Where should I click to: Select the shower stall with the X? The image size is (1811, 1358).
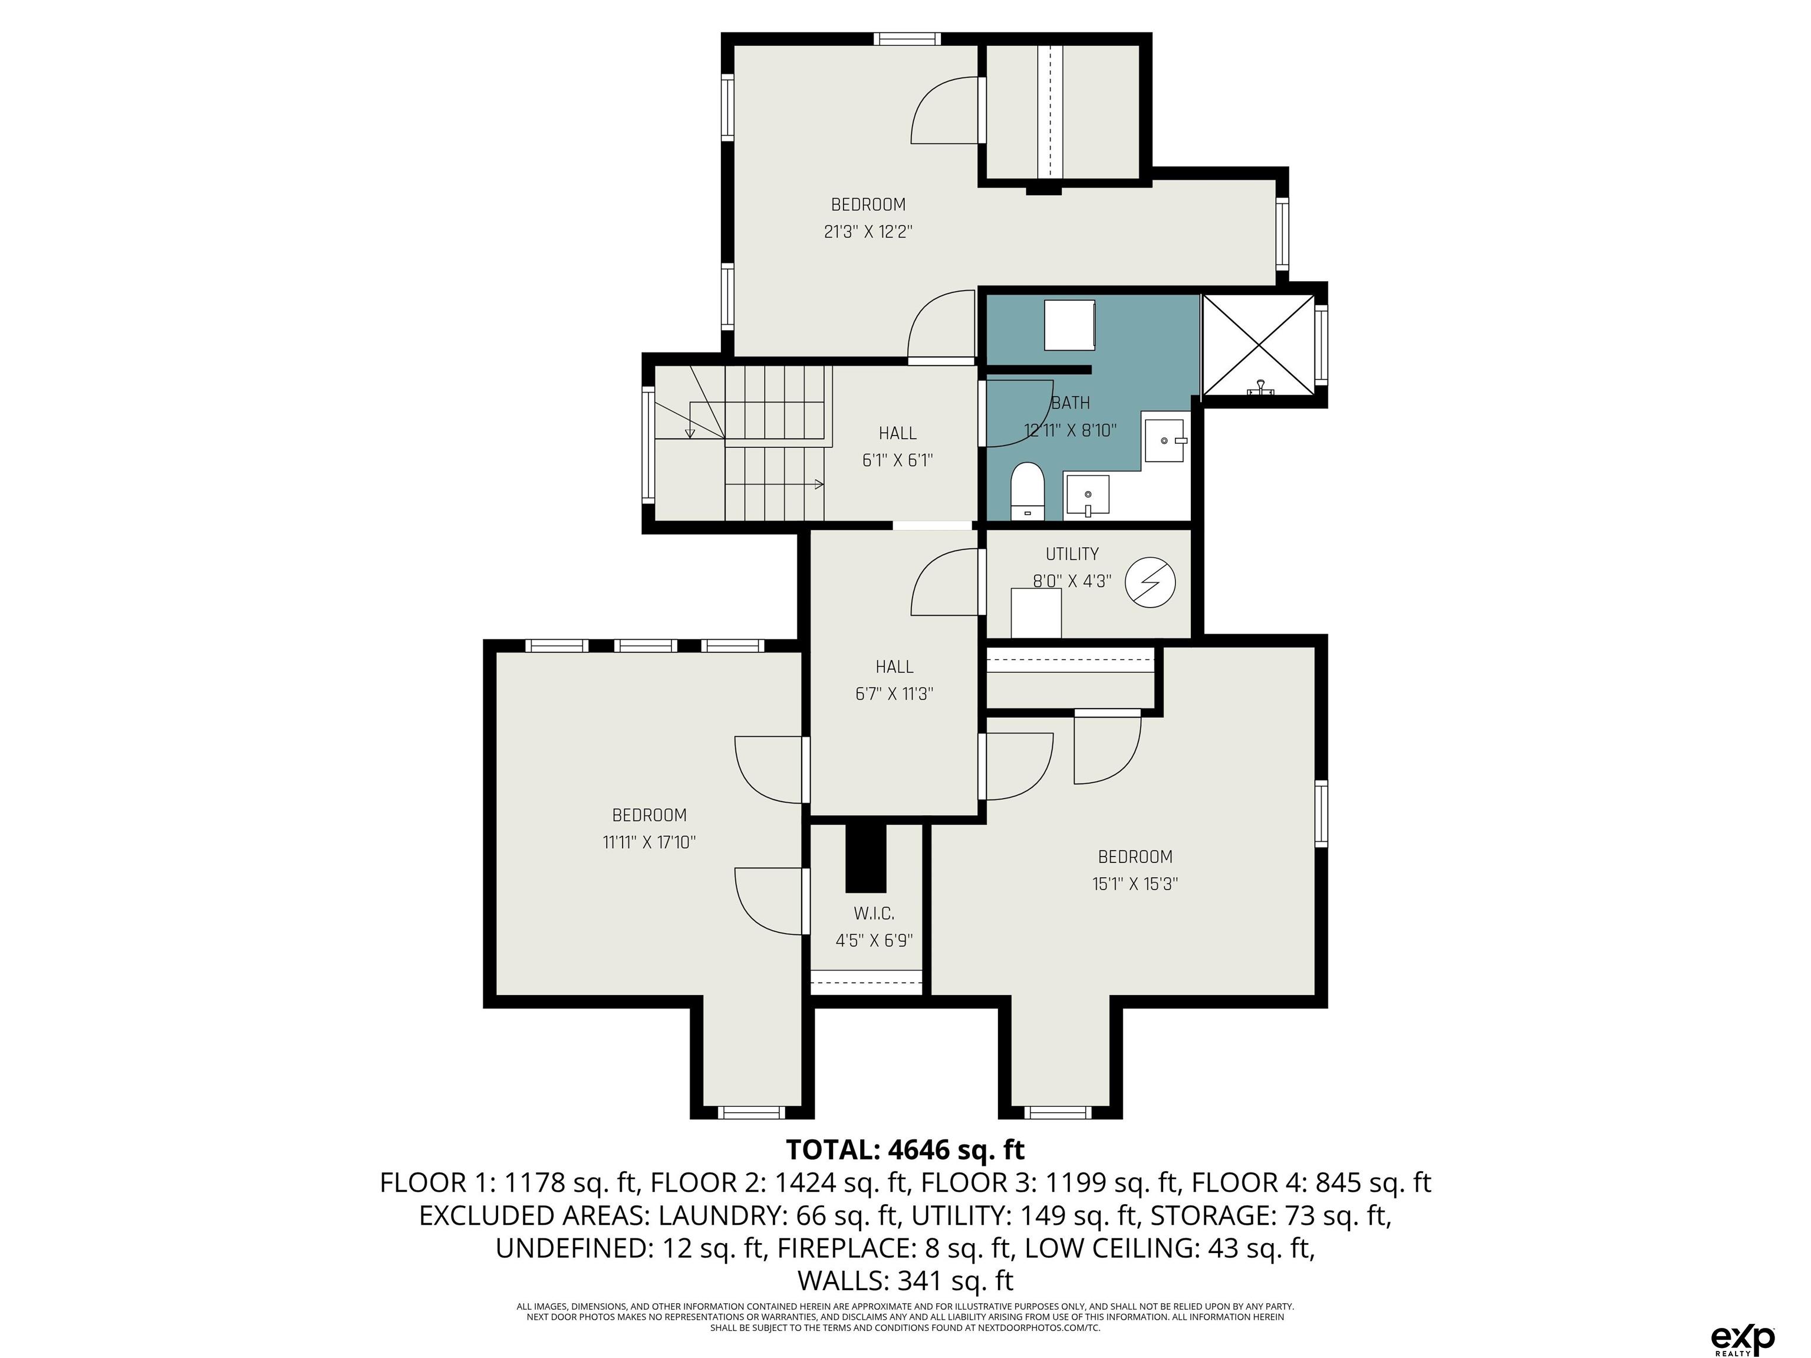click(x=1257, y=345)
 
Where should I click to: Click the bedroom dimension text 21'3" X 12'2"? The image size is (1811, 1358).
click(x=868, y=232)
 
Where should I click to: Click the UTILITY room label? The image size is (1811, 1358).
click(x=1072, y=554)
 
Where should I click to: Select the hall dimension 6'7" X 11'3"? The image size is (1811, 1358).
click(x=894, y=694)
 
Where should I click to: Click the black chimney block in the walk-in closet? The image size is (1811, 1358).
click(x=865, y=858)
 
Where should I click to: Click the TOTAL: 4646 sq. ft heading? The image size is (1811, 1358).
click(x=905, y=1149)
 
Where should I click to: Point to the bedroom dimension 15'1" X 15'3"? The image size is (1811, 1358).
click(x=1135, y=884)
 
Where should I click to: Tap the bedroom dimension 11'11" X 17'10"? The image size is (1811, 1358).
click(x=649, y=842)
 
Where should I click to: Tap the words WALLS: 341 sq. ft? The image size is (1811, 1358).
click(x=905, y=1280)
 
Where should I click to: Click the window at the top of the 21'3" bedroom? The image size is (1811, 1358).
click(x=906, y=38)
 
